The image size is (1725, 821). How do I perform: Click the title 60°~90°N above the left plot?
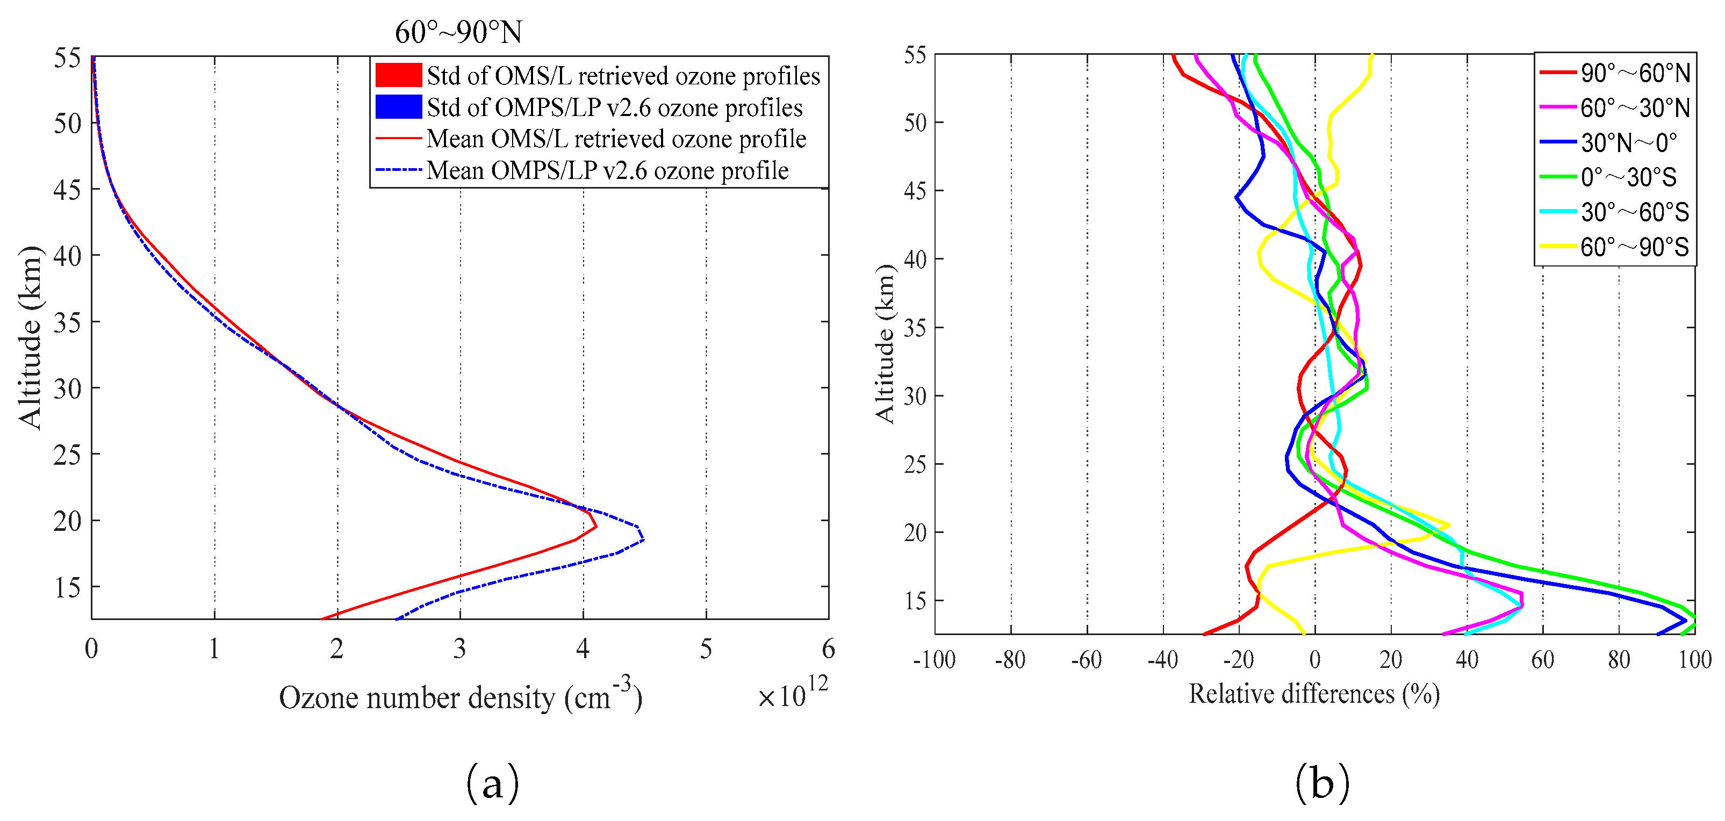[x=458, y=32]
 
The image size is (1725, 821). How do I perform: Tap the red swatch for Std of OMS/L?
[x=398, y=75]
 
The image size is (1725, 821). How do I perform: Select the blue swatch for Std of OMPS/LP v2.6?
[x=398, y=107]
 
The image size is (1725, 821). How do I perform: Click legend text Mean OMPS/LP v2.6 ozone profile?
[x=607, y=171]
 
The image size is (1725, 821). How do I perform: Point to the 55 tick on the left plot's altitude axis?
[x=67, y=58]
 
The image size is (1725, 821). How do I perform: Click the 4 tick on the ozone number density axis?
[x=583, y=648]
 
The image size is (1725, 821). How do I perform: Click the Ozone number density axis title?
[x=460, y=698]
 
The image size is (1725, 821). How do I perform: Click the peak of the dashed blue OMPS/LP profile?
[x=643, y=538]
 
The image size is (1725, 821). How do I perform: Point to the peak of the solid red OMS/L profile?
[x=595, y=527]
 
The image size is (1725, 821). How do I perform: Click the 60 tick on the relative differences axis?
[x=1543, y=660]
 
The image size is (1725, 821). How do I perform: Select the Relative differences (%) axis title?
[x=1314, y=694]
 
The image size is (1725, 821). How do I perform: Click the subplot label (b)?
[x=1321, y=782]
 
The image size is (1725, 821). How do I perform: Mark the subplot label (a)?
[x=492, y=782]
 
